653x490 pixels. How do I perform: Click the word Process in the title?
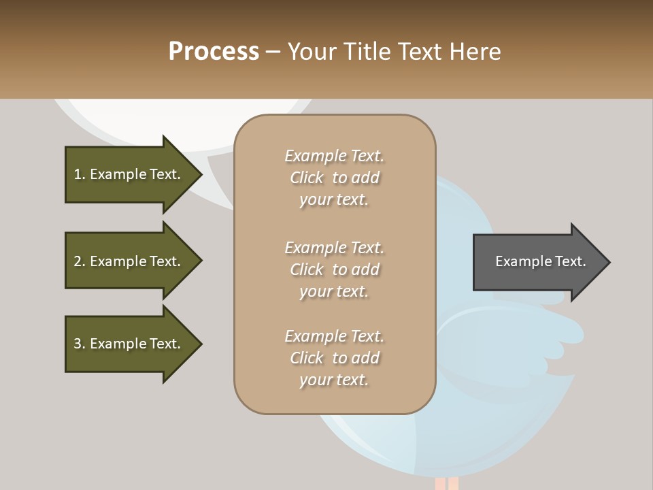214,52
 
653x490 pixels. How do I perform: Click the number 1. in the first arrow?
80,174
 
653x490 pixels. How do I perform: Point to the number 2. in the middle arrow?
80,261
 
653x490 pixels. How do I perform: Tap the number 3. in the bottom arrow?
80,344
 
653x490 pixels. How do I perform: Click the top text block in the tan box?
334,178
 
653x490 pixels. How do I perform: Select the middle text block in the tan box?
334,269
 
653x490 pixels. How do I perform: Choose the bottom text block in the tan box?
334,358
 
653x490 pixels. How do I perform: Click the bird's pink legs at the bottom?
446,483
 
